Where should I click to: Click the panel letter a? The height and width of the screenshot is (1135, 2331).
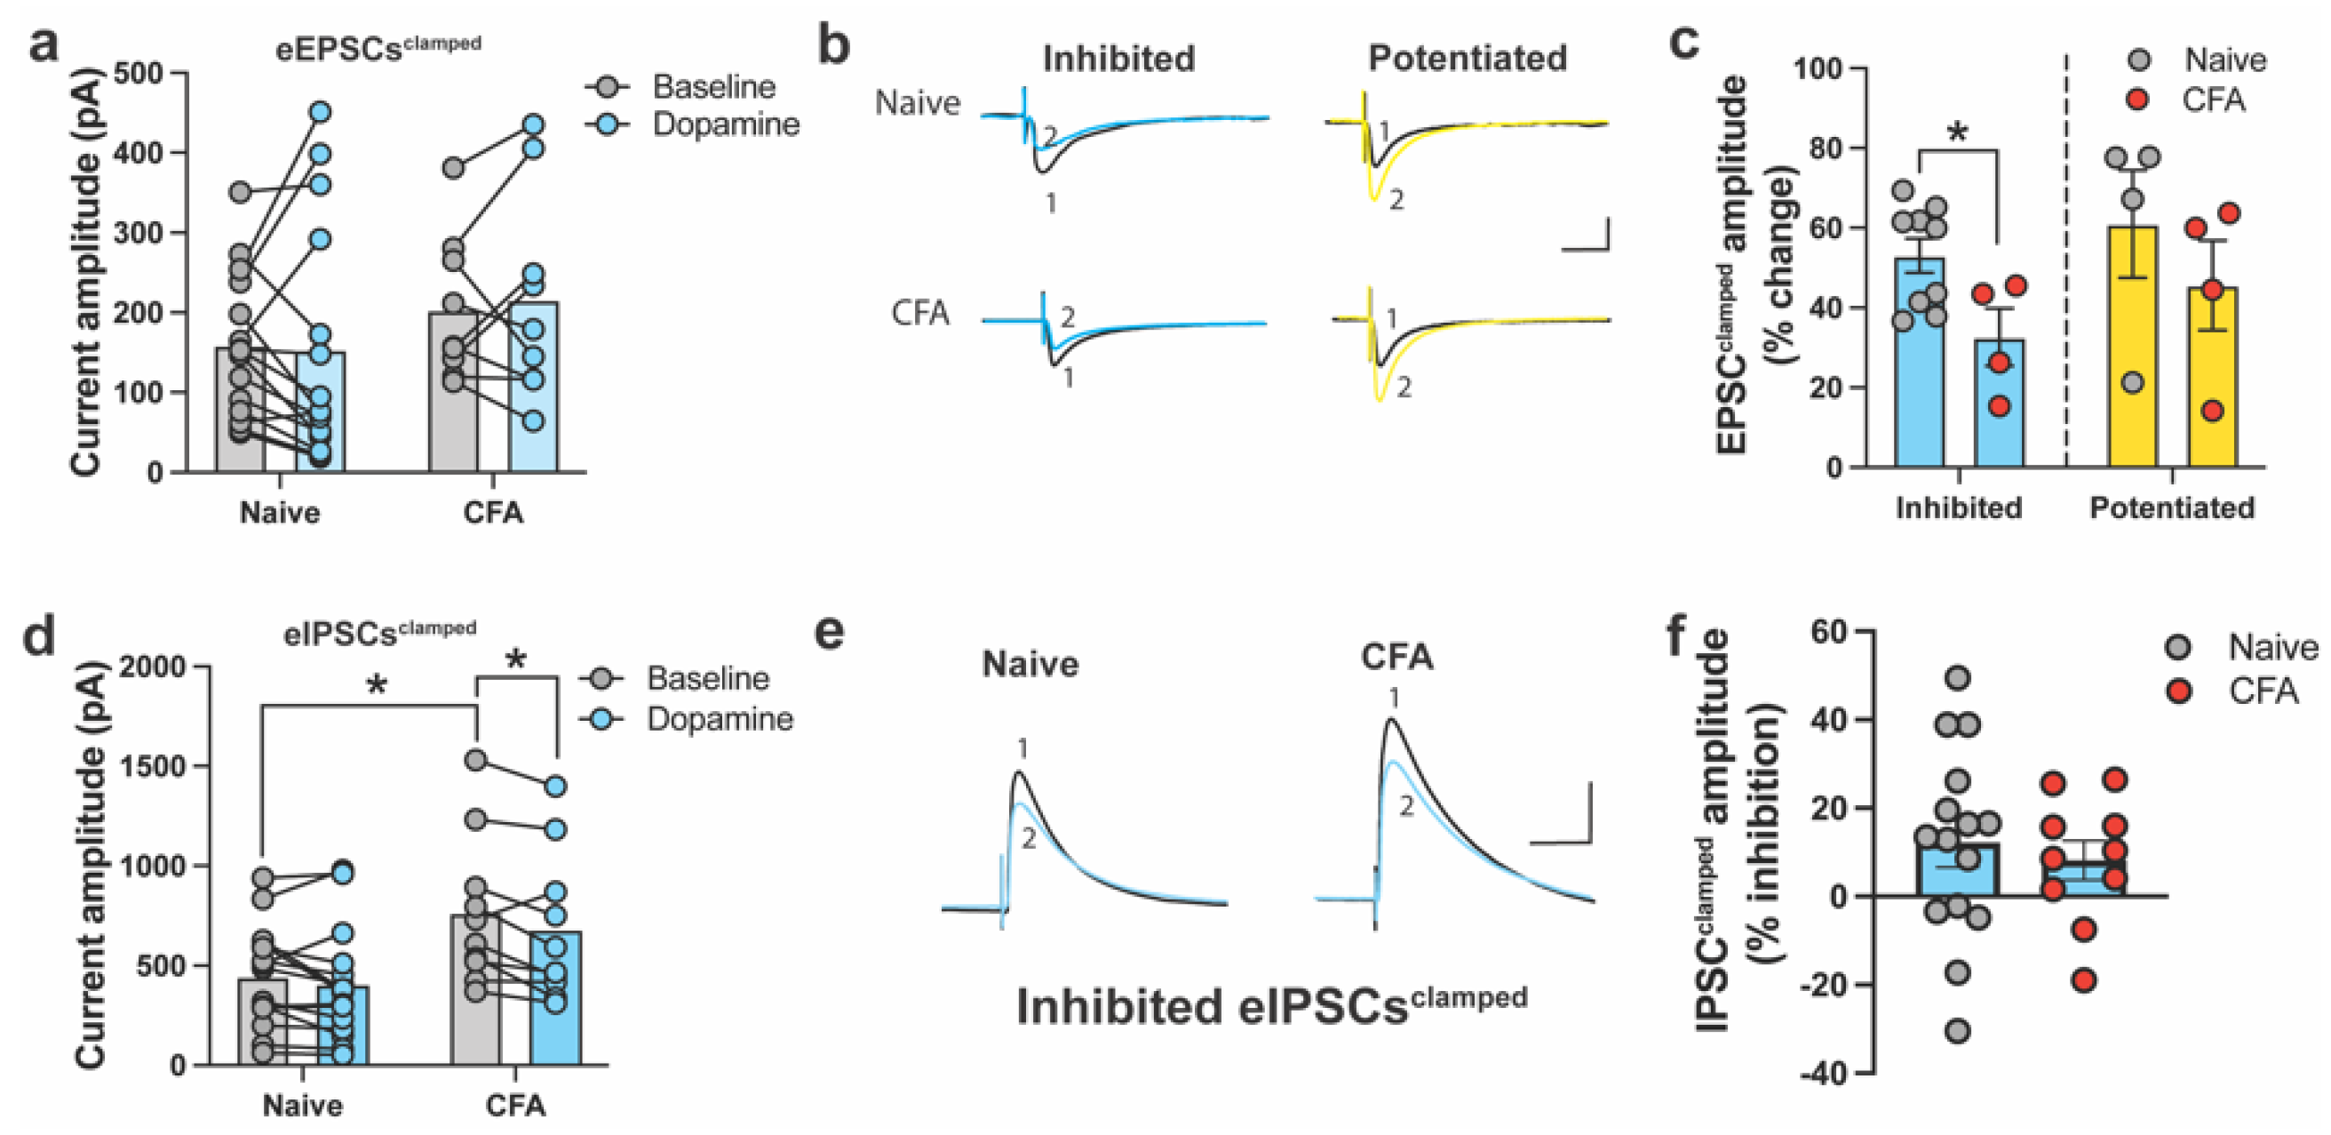[44, 44]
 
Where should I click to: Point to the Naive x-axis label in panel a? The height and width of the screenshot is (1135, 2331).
[280, 512]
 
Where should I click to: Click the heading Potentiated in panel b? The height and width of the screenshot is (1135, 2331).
[1467, 58]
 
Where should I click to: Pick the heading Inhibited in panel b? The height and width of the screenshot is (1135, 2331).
[1118, 59]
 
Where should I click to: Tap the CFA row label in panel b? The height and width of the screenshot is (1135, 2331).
[920, 313]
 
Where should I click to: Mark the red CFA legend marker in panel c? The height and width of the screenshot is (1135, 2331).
[2137, 100]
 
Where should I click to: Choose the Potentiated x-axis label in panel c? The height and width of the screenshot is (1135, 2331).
[2172, 508]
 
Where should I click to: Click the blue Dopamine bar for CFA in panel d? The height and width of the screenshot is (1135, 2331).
[555, 995]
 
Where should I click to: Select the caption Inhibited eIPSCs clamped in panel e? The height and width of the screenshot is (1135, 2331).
[1271, 1004]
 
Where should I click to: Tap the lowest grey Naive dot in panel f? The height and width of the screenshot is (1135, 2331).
[1958, 1031]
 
